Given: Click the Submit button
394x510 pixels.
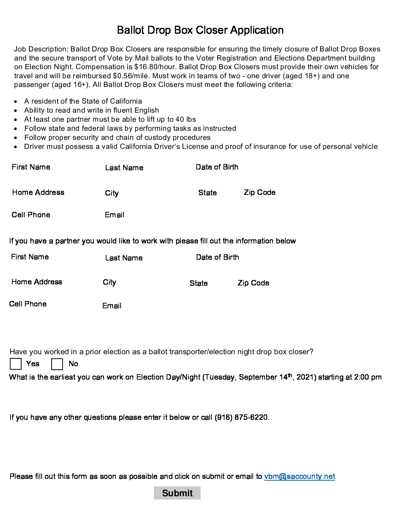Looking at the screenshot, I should tap(177, 493).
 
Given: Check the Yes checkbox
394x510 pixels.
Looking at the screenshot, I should tap(16, 364).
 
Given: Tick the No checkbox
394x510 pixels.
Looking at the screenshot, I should tap(57, 364).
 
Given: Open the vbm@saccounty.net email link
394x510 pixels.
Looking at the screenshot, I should tap(299, 476).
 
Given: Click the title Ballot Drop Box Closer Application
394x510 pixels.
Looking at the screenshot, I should tap(200, 30).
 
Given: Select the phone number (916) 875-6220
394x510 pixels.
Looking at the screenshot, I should tap(242, 417).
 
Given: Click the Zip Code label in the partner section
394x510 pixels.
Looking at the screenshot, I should tap(253, 283).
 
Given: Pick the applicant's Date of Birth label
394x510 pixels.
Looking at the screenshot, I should tap(217, 167).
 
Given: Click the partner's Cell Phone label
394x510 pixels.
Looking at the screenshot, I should tap(28, 304).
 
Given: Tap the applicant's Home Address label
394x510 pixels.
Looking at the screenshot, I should tap(38, 192).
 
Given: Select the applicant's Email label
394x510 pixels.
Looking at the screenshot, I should tap(114, 215).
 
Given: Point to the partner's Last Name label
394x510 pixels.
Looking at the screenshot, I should tap(124, 258).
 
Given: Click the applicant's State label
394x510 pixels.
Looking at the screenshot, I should tap(208, 193).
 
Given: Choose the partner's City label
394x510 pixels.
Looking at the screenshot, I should tap(109, 282).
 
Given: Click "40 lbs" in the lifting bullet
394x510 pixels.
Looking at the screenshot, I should tap(186, 120).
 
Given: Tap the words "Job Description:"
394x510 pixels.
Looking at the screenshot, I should tap(41, 49).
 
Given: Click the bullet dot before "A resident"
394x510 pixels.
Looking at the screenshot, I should tap(16, 101).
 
